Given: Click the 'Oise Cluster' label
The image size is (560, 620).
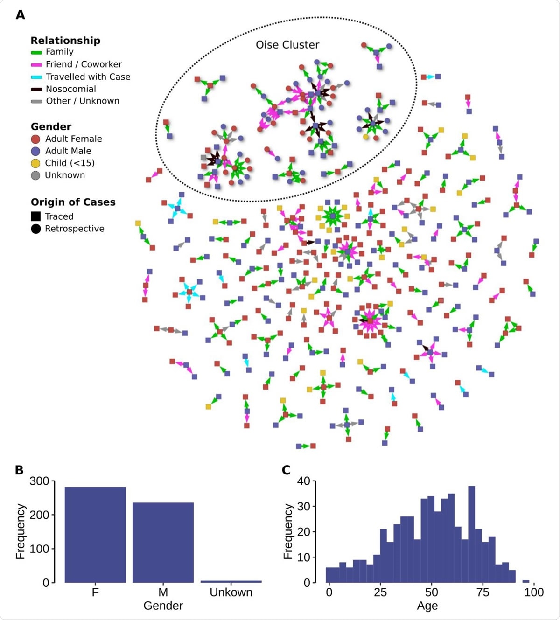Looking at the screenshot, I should coord(287,45).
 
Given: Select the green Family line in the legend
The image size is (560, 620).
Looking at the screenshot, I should coord(36,52).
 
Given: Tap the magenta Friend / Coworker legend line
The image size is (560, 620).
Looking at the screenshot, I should coord(36,65).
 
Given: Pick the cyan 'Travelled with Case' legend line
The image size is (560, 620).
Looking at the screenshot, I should coord(36,77).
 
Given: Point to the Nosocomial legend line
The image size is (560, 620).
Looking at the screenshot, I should coord(36,89).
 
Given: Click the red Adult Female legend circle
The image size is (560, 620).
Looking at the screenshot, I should coord(35,139).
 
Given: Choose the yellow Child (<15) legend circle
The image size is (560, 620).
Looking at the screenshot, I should coord(35,163).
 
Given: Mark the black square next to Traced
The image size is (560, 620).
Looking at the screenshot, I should coord(35,216).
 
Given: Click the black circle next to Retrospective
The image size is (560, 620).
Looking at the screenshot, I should coord(35,229).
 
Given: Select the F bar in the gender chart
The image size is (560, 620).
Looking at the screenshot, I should coord(95,535).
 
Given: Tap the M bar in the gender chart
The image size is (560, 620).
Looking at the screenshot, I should coord(163,543).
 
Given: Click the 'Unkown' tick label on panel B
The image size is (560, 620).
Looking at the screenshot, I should coord(231,592).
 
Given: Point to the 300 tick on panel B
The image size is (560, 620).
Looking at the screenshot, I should coord(39,481).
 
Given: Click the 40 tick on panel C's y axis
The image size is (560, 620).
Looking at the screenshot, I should coord(303,481).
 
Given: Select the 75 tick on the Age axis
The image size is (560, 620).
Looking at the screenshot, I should coord(483,592).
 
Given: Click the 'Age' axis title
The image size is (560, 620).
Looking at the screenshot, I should coord(427,606).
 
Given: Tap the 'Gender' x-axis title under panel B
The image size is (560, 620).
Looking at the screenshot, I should coord(163,606).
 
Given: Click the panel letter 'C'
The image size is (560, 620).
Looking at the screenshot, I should coord(286,470).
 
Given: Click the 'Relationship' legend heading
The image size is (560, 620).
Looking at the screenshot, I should coord(65,41).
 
